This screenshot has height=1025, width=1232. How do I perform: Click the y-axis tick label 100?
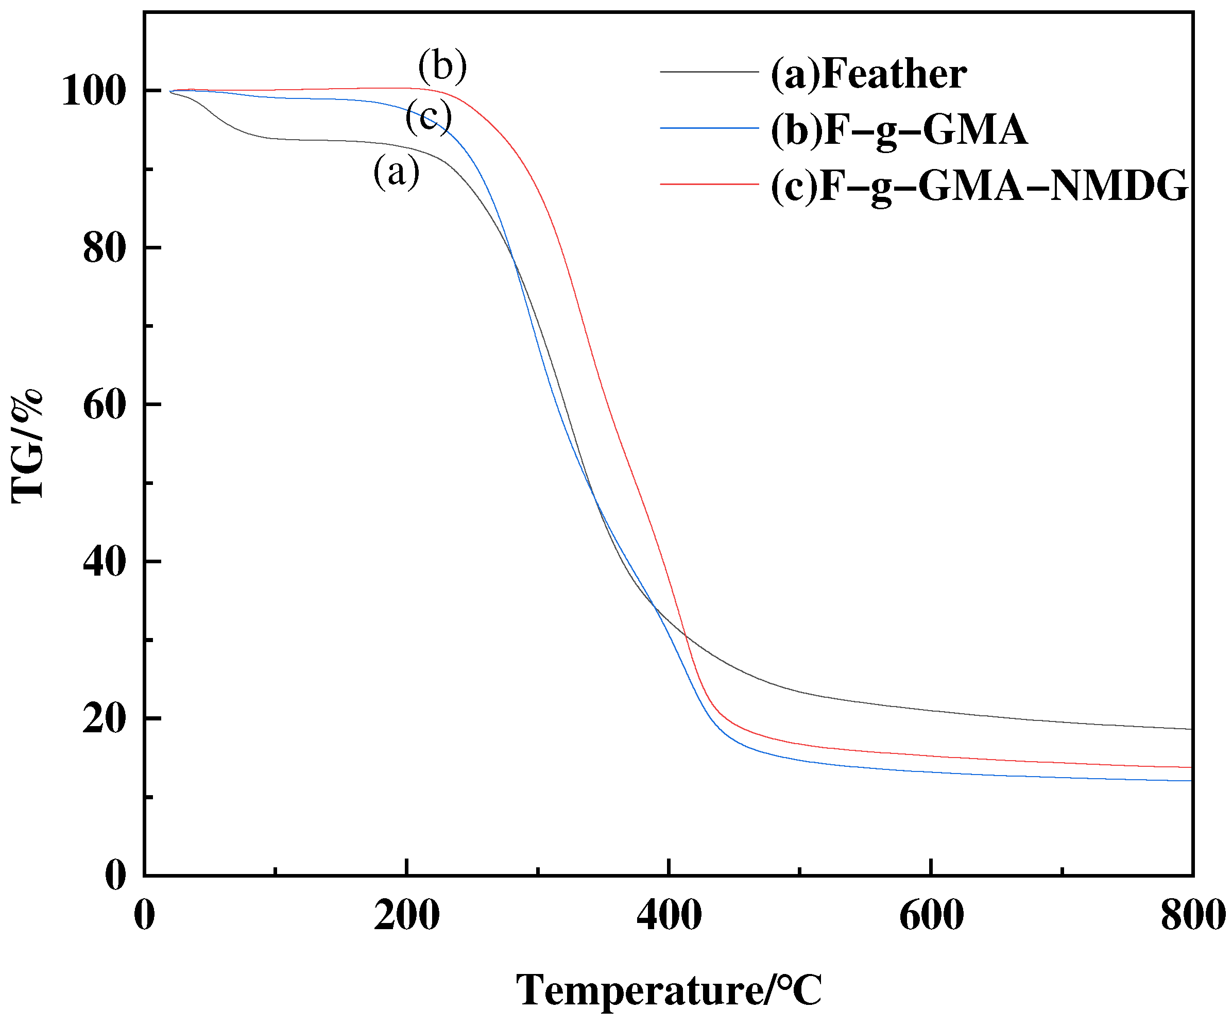[94, 92]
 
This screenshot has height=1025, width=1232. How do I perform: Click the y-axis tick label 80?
[105, 248]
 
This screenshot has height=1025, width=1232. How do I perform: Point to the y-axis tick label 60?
[105, 405]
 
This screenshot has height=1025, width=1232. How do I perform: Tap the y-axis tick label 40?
[105, 562]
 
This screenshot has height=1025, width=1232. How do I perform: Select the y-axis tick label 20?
[105, 719]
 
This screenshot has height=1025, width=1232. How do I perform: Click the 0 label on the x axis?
[144, 915]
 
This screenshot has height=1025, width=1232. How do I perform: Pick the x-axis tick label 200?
[406, 915]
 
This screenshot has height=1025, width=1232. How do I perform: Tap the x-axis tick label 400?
[669, 915]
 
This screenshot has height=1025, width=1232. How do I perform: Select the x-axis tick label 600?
[931, 915]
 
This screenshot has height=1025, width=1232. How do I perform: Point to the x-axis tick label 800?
[1193, 915]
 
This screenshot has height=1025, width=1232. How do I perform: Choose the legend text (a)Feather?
[869, 75]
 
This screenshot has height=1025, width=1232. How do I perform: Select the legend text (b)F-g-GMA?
[899, 130]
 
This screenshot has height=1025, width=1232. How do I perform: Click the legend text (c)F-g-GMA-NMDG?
[979, 186]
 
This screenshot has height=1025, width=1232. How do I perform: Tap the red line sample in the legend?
[709, 184]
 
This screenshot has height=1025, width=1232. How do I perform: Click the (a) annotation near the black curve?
[397, 172]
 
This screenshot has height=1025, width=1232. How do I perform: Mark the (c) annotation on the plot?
[429, 116]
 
